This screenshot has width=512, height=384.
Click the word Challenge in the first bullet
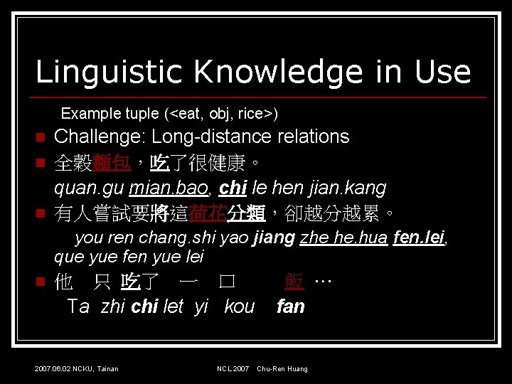[100, 137]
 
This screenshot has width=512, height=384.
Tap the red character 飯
[294, 282]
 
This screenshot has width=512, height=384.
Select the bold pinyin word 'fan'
[290, 306]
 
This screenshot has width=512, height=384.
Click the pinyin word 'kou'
[239, 306]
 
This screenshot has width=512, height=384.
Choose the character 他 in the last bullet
[63, 282]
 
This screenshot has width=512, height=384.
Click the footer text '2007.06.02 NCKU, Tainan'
[76, 368]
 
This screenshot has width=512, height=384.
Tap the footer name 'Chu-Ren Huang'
[282, 368]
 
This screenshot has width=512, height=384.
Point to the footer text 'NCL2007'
[233, 368]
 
